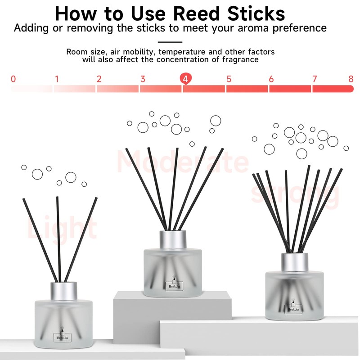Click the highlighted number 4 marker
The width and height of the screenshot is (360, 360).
coord(185,79)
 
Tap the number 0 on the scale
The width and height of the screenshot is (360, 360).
coord(13,79)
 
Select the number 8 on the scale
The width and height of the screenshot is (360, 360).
coord(351,79)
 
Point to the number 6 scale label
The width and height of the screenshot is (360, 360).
coord(271,79)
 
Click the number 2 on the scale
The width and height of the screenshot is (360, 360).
coord(99,79)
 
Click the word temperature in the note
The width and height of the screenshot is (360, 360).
coord(185,52)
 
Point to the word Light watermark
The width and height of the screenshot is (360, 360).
coord(62,227)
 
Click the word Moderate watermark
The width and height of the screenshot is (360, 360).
coord(182,162)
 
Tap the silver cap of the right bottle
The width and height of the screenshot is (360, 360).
coord(295,261)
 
